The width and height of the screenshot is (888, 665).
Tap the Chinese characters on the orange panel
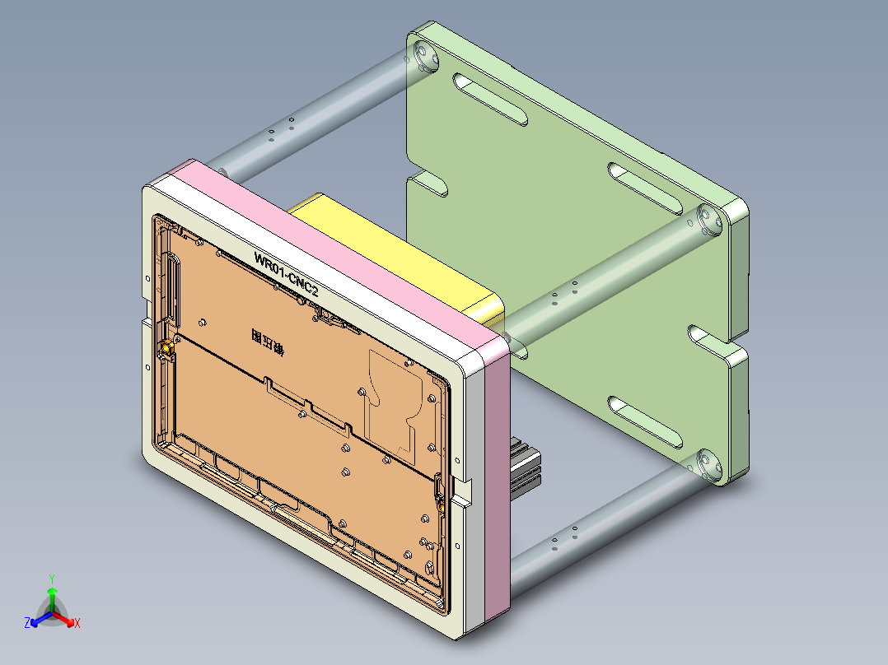[267, 342]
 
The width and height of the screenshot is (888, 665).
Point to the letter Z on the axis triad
[27, 623]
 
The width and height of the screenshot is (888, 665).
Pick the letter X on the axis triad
[77, 624]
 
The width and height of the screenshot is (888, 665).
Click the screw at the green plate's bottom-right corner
[706, 464]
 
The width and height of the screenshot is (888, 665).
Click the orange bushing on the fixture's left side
[167, 349]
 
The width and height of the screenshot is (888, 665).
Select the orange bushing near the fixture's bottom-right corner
[441, 503]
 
